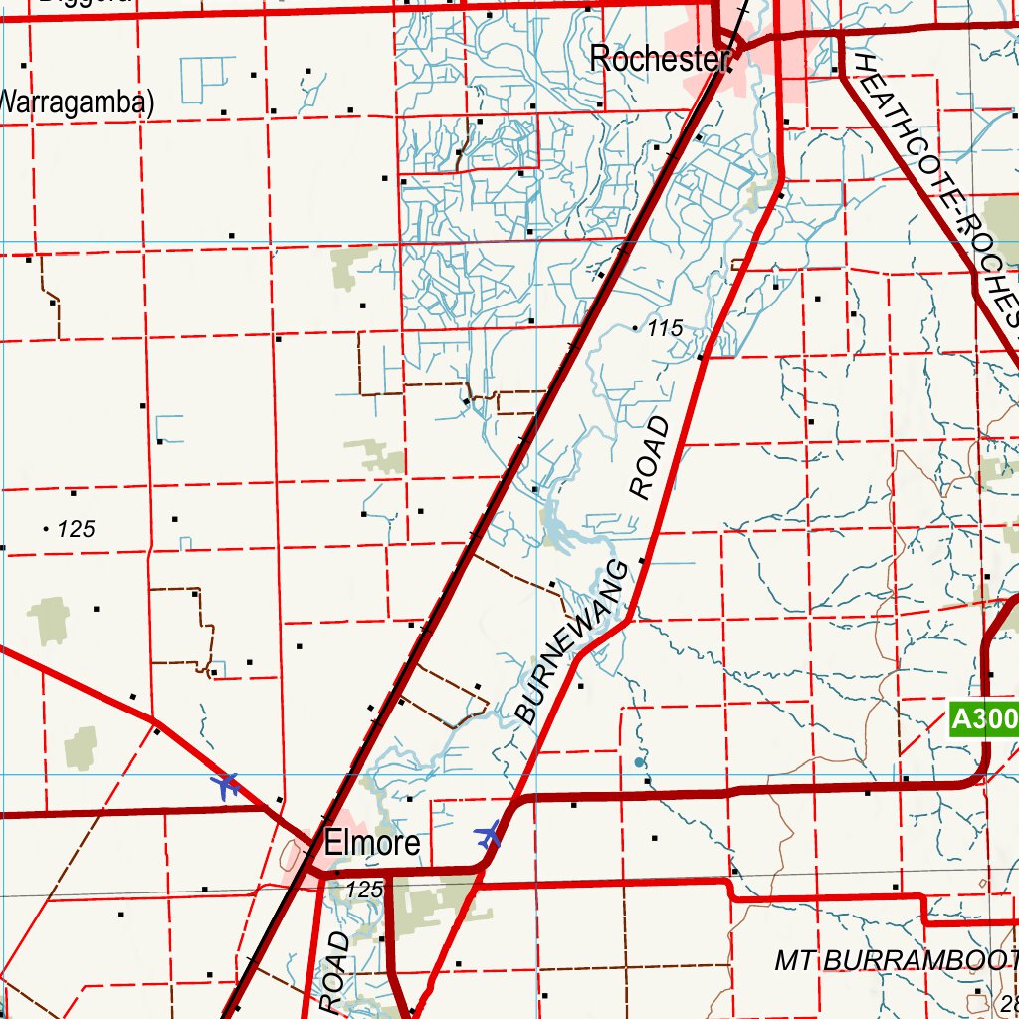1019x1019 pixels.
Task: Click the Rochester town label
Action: tap(659, 59)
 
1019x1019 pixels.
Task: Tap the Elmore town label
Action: tap(372, 845)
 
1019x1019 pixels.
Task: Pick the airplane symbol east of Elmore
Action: tap(488, 834)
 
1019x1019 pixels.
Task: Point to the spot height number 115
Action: tap(664, 328)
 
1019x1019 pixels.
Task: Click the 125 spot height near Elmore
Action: tap(364, 889)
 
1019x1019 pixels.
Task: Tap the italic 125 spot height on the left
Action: tap(77, 529)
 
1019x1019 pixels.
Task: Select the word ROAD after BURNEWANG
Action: tap(650, 457)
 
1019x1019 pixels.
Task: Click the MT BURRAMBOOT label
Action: tap(896, 960)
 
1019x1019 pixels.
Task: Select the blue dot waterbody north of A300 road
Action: tap(639, 763)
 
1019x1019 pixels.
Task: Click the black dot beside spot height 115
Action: tap(637, 327)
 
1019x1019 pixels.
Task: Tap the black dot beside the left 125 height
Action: tap(47, 529)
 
